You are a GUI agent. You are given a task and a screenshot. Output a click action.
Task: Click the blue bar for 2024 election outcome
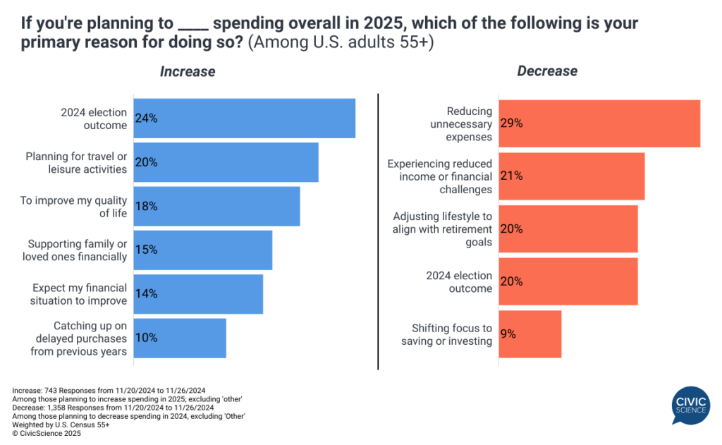(244, 118)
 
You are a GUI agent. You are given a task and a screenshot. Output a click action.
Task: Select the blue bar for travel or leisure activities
(226, 162)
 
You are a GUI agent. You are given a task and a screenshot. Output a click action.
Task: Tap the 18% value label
(147, 206)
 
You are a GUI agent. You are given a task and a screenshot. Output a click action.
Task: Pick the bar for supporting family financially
(203, 250)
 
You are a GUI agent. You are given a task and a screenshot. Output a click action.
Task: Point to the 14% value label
(147, 293)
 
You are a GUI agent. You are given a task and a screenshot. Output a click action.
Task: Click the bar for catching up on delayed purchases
(180, 338)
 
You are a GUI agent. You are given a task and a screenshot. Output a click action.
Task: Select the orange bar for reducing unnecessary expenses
(599, 123)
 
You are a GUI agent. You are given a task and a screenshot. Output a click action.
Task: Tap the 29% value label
(511, 123)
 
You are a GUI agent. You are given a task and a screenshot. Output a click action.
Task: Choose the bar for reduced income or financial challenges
(572, 176)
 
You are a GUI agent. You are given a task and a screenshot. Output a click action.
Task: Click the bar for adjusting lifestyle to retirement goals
(568, 228)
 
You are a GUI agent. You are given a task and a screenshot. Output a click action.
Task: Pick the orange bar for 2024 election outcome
(568, 281)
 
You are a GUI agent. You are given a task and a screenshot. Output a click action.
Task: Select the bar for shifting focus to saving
(530, 334)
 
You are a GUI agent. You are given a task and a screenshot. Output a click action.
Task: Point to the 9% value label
(508, 334)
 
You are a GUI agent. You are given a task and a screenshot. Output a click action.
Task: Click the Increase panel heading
(188, 71)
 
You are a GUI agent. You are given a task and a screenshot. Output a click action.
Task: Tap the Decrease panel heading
(547, 71)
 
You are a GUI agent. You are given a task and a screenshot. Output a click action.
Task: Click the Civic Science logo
(690, 406)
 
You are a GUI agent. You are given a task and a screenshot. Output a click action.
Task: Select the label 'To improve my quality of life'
(74, 207)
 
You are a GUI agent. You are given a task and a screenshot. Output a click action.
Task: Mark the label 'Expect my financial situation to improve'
(78, 294)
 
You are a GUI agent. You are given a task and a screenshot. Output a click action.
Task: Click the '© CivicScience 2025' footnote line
(47, 434)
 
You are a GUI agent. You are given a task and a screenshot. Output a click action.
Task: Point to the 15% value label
(147, 250)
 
